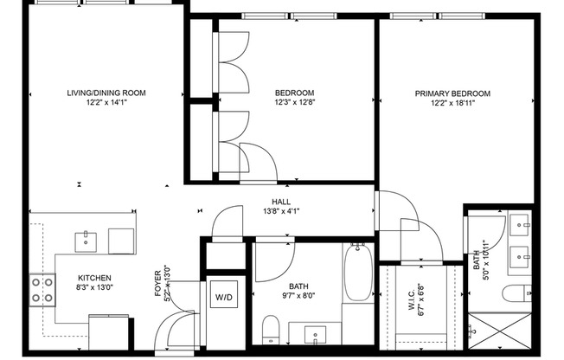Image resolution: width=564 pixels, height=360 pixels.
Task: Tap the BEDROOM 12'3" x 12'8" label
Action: click(x=294, y=93)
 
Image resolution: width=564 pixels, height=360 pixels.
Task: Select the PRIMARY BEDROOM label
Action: click(x=452, y=93)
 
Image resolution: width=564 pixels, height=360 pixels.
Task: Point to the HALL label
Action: click(x=280, y=201)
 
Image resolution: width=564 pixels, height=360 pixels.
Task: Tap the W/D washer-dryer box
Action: click(x=224, y=298)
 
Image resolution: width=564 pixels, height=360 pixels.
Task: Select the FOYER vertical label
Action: click(x=157, y=286)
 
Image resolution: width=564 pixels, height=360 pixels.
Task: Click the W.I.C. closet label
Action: click(x=409, y=286)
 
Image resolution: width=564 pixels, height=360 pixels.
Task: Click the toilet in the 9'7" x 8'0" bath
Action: click(x=270, y=329)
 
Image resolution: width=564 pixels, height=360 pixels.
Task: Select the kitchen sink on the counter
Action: click(x=87, y=240)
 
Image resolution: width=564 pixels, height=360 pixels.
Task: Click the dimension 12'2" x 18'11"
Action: click(x=452, y=104)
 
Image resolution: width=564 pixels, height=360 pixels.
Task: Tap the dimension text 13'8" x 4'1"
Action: click(x=280, y=210)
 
